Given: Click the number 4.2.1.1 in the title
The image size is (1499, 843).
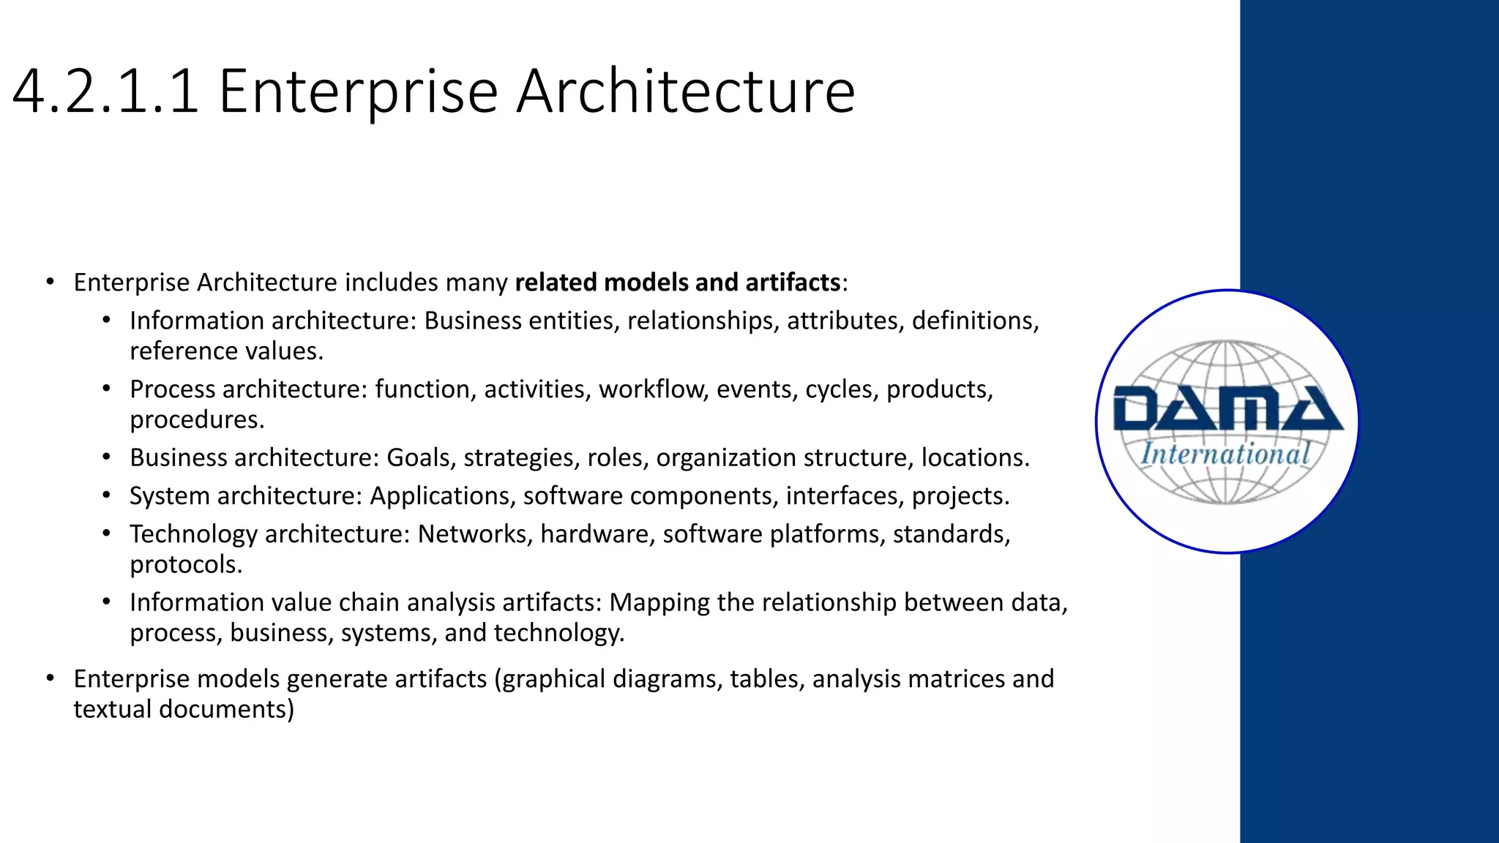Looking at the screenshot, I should pos(105,92).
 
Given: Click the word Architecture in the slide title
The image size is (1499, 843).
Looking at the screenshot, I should pos(685,92).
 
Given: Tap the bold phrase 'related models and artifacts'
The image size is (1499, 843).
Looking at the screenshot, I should pos(678,282).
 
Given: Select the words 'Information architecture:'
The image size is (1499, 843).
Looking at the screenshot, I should pos(273,321).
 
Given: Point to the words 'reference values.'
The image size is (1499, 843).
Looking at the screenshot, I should pos(226,352).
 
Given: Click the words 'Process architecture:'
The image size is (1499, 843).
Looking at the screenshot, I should pos(248,389).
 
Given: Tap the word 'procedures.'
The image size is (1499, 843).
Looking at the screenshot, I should pos(197,420).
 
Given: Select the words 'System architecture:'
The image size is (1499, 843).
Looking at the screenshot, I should pos(246,496).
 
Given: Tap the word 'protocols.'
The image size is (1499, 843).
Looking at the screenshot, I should pos(185,565).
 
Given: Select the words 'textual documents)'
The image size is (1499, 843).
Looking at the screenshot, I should pos(184,710).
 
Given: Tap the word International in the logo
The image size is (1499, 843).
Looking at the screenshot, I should pos(1226,454).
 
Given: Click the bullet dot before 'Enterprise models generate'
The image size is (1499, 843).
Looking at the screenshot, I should pos(50,679).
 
